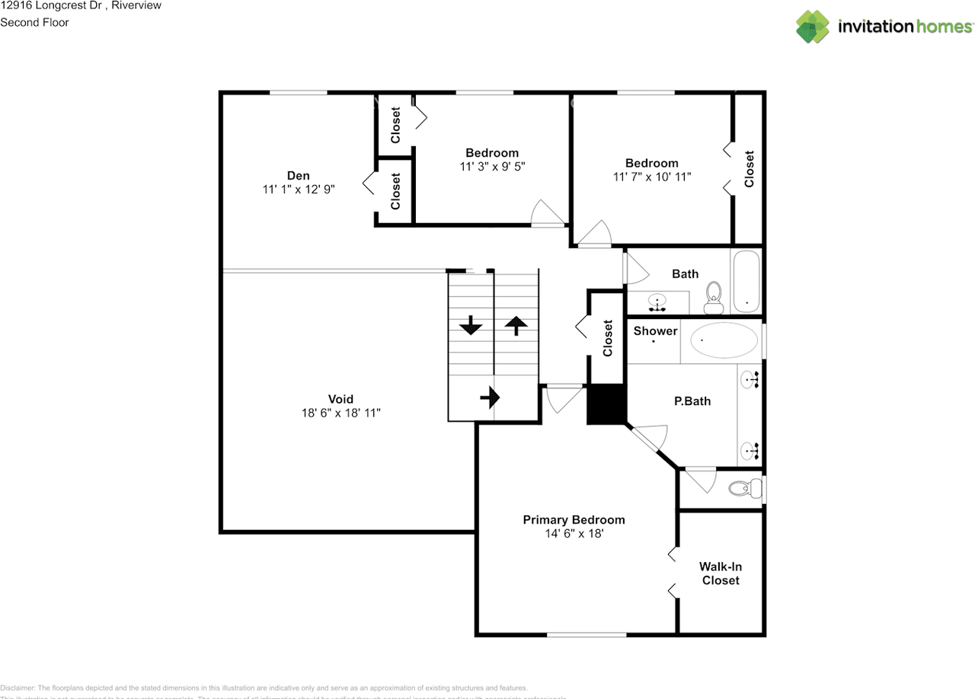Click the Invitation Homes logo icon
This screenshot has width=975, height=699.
[x=813, y=27]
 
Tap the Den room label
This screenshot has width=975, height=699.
[x=298, y=175]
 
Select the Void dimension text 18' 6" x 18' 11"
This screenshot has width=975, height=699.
[x=340, y=413]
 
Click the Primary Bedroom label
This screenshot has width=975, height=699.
[x=574, y=520]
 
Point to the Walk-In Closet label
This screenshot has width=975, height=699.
[x=721, y=573]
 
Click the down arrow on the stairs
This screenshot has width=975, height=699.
[x=471, y=327]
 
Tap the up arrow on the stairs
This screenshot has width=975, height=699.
[x=516, y=326]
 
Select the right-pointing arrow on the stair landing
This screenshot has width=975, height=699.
[x=489, y=397]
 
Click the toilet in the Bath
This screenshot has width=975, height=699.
[x=714, y=298]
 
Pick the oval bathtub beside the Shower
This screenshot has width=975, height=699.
[x=724, y=340]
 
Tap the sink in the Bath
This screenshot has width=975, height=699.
[x=657, y=302]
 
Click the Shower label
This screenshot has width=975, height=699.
[x=655, y=330]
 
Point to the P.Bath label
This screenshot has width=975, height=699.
[x=692, y=401]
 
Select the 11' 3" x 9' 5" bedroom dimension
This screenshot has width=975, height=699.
[x=492, y=166]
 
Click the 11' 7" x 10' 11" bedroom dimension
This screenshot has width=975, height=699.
[x=652, y=177]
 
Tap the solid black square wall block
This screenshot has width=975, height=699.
[x=606, y=404]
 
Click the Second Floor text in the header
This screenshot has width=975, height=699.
[x=34, y=22]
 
